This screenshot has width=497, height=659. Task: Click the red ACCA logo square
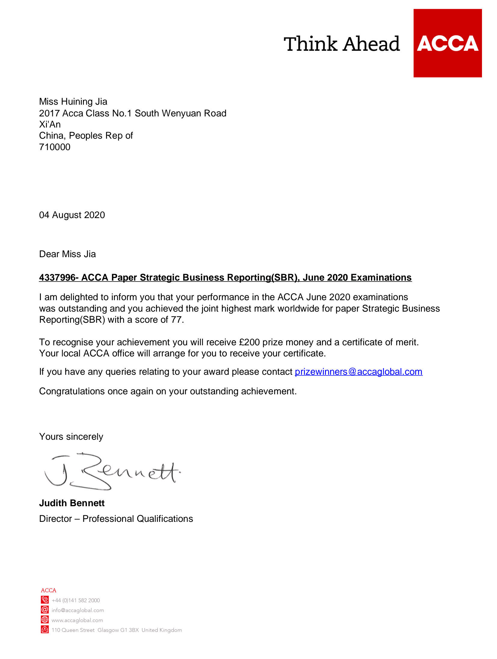point(447,43)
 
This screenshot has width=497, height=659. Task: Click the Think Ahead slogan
point(342,44)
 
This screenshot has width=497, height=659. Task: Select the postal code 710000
point(55,147)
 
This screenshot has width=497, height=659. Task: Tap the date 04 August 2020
point(72,215)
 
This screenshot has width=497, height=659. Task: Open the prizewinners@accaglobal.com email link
point(358,372)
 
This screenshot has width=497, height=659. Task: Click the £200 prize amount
point(249,342)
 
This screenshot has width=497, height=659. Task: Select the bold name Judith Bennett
point(72,503)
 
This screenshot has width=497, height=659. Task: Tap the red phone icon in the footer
point(45,600)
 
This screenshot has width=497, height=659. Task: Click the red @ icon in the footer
point(45,610)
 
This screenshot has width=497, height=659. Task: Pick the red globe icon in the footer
point(45,620)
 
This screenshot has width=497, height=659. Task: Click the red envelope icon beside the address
point(45,630)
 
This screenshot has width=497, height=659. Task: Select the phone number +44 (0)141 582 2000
point(76,600)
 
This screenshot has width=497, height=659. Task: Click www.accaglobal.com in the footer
point(77,620)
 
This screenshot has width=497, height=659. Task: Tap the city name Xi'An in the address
point(50,125)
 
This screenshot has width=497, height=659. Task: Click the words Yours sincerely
point(71,437)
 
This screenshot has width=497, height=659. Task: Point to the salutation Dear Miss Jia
point(68,254)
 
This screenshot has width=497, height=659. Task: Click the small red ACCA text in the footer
point(49,590)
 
